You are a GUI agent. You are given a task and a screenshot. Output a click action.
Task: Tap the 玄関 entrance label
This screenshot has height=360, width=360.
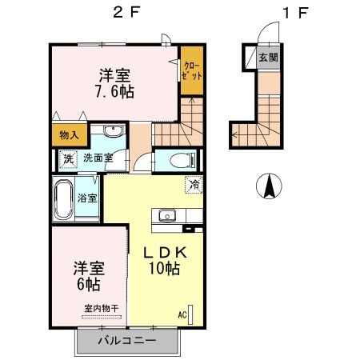[x=269, y=58]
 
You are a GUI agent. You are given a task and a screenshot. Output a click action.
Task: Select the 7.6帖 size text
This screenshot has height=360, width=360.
[x=115, y=90]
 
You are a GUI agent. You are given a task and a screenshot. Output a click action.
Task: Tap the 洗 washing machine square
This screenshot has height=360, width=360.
[x=69, y=158]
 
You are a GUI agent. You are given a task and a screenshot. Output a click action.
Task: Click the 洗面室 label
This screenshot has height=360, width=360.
[x=98, y=158]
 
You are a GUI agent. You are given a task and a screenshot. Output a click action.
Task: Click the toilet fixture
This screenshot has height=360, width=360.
[x=178, y=159]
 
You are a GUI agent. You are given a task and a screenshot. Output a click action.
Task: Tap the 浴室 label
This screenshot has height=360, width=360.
[x=88, y=198]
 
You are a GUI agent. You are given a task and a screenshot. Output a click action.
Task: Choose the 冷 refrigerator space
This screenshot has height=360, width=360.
[x=195, y=185]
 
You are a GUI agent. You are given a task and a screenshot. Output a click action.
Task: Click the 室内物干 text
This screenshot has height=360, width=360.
[x=101, y=308]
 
